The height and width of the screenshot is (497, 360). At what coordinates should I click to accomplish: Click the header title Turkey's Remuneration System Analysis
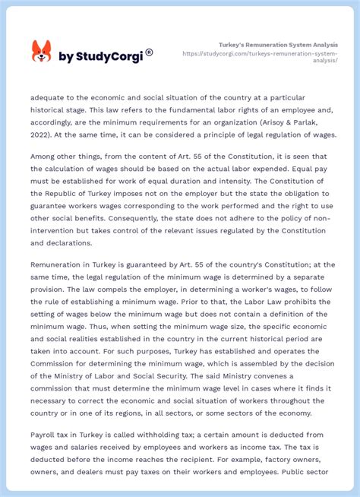click(278, 45)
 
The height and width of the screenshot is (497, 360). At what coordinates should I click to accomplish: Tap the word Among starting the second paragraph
click(45, 157)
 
